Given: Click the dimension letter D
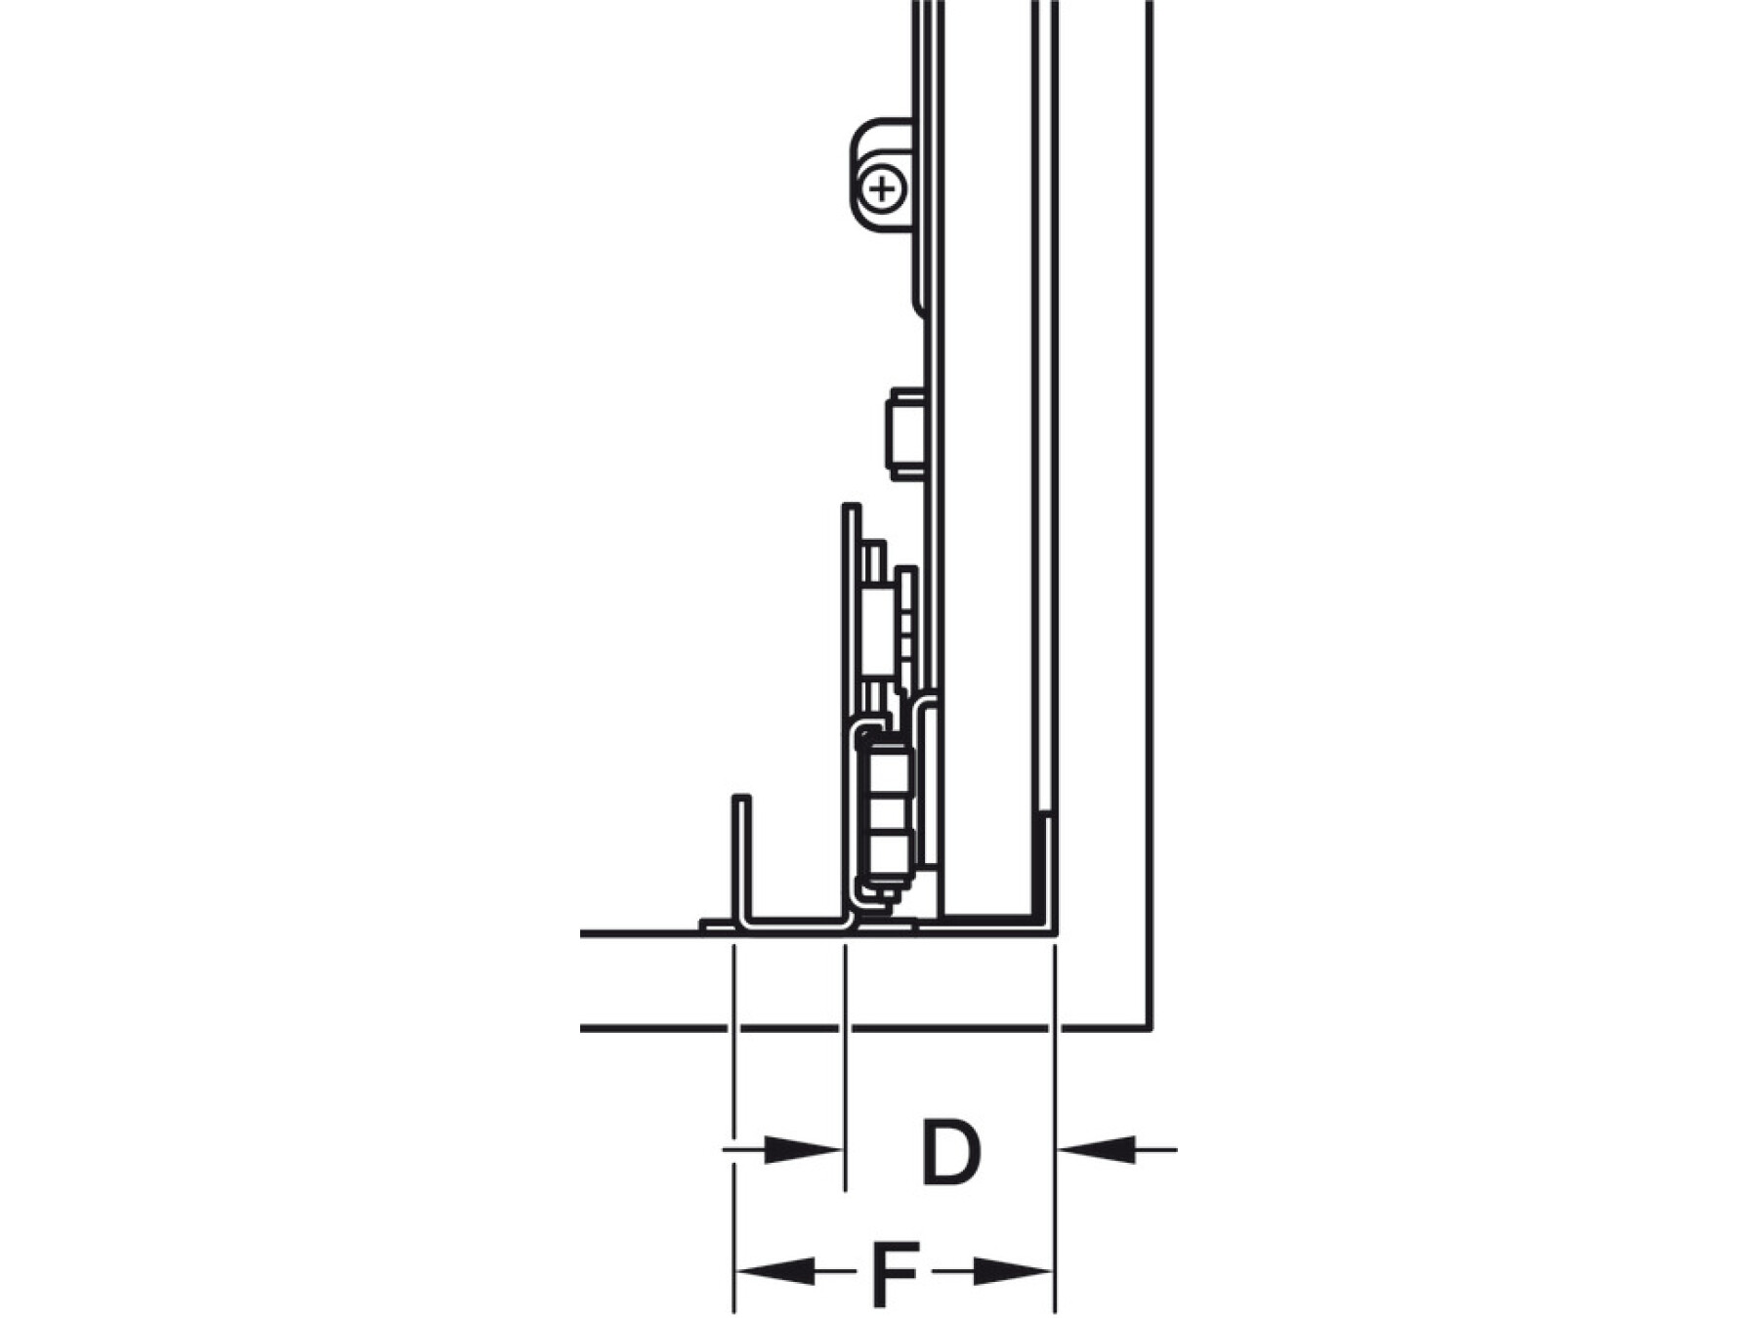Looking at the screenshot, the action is click(949, 1152).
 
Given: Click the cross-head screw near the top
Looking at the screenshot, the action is click(883, 188).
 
